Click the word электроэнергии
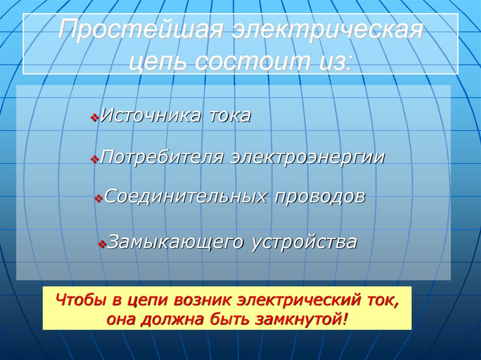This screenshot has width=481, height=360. [x=307, y=157]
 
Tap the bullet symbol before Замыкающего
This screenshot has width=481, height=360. [x=102, y=245]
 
